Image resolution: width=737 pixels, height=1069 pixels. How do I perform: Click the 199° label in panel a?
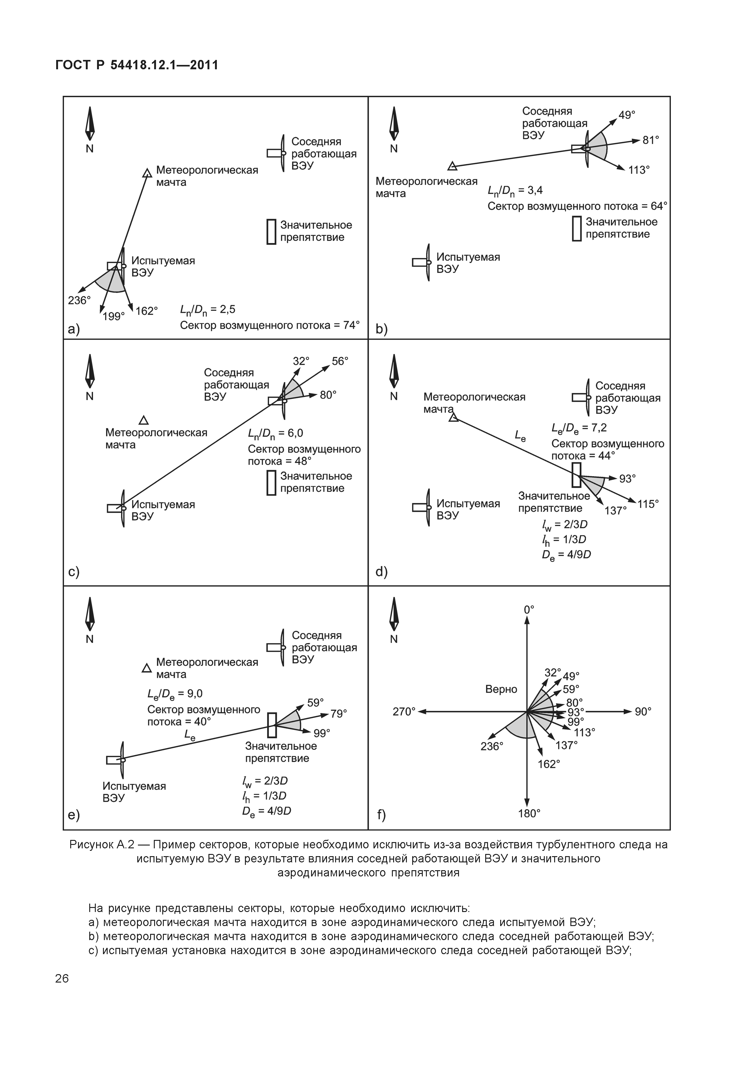point(114,316)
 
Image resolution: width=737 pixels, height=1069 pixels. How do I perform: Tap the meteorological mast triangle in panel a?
point(147,173)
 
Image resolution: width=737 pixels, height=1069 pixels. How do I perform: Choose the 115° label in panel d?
point(648,504)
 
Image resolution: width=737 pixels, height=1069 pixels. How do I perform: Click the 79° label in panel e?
point(339,714)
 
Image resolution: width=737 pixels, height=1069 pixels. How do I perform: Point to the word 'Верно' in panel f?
point(501,689)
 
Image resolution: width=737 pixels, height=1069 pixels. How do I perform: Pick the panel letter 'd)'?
point(381,572)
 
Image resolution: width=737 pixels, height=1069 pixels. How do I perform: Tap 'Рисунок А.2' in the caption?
point(102,845)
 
